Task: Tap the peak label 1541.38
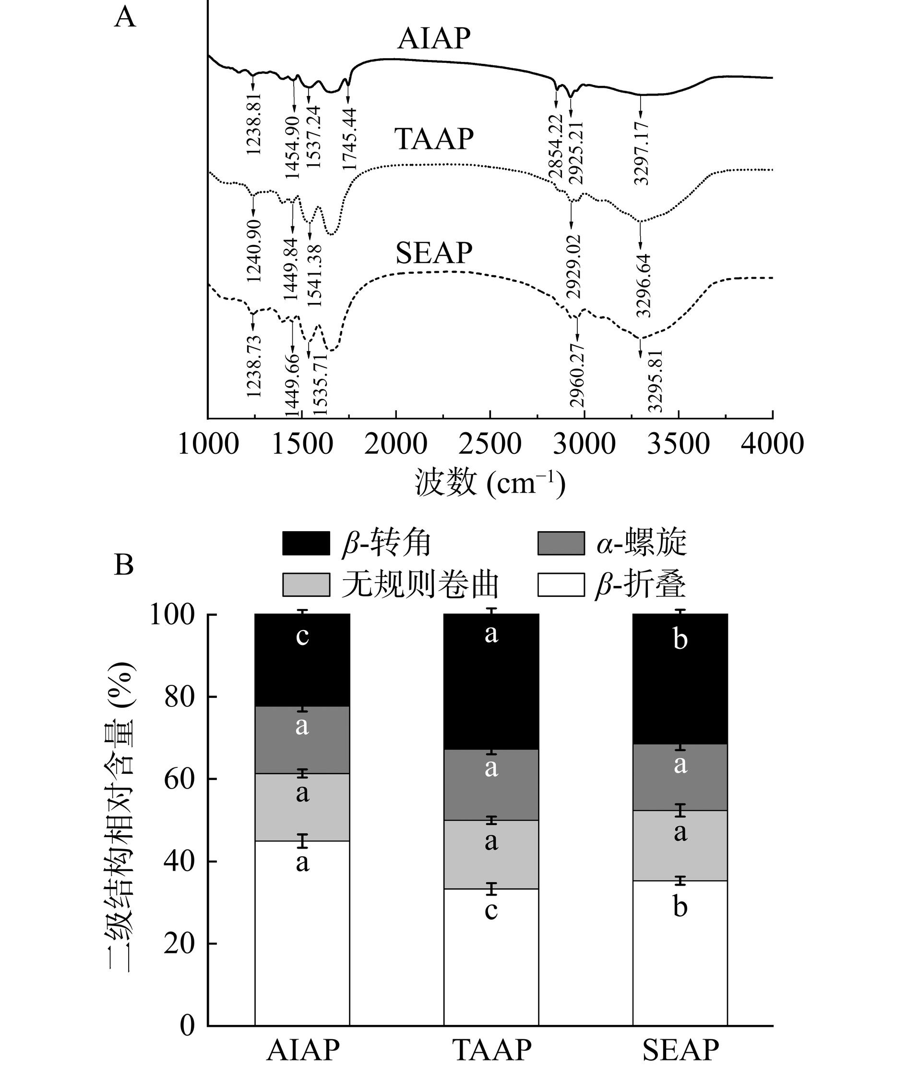(314, 276)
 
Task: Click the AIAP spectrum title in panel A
(433, 38)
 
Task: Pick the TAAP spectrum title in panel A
(433, 139)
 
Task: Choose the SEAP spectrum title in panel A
(433, 253)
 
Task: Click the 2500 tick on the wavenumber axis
(490, 444)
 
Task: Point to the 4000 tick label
(772, 444)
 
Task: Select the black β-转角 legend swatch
(306, 544)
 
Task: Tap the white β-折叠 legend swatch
(561, 585)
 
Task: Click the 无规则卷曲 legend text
(420, 585)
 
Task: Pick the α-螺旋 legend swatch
(561, 544)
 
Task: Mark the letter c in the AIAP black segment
(302, 637)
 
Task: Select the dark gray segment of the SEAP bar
(680, 778)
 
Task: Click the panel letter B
(124, 565)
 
